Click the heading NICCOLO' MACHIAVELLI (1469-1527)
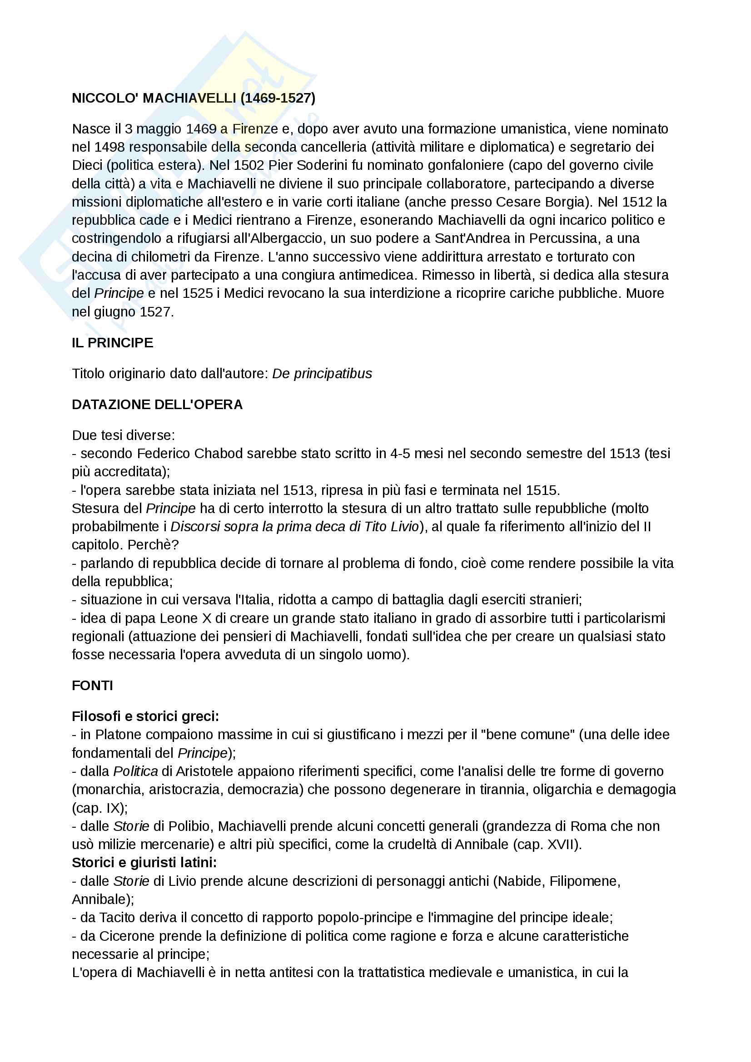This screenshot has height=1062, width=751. (x=194, y=98)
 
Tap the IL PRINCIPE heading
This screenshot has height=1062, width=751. (x=112, y=343)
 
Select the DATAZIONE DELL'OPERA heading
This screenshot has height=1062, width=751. (x=157, y=405)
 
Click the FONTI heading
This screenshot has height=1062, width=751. (x=93, y=686)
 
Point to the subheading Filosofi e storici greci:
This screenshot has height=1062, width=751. (x=145, y=716)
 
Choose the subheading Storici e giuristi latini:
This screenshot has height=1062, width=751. (x=144, y=863)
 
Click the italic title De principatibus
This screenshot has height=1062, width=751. (x=322, y=374)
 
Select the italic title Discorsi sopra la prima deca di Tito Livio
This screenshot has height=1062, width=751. (x=295, y=527)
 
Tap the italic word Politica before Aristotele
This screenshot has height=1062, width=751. (x=135, y=771)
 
